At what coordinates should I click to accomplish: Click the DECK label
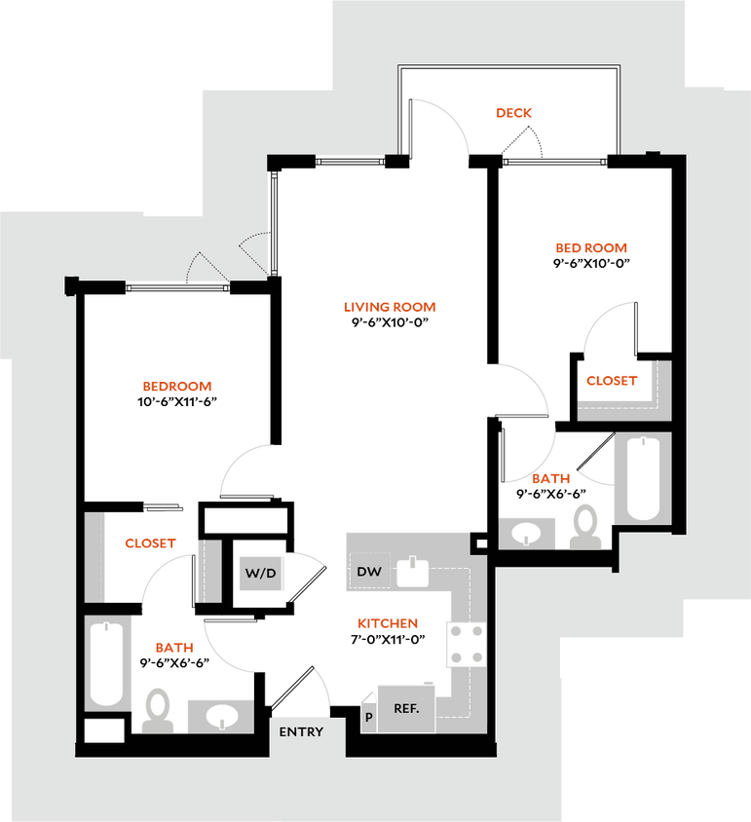[514, 113]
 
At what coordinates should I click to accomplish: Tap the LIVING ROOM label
[390, 307]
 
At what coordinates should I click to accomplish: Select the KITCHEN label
[388, 623]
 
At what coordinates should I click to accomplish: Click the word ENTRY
[301, 732]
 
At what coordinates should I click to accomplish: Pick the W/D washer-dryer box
[261, 574]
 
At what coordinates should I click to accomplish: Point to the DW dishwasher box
[369, 572]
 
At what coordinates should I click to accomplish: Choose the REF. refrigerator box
[406, 708]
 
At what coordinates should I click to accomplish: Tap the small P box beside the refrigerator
[368, 718]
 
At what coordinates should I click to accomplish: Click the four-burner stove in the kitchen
[466, 645]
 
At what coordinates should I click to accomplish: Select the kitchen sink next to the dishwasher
[414, 572]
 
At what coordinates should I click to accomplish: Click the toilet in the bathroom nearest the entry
[155, 711]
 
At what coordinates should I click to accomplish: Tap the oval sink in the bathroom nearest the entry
[220, 716]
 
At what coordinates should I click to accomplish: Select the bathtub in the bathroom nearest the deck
[643, 479]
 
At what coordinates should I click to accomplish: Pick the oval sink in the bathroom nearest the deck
[527, 533]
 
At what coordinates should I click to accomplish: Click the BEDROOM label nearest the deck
[591, 248]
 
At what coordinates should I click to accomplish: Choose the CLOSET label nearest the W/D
[149, 543]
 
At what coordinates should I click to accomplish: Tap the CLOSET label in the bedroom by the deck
[612, 381]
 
